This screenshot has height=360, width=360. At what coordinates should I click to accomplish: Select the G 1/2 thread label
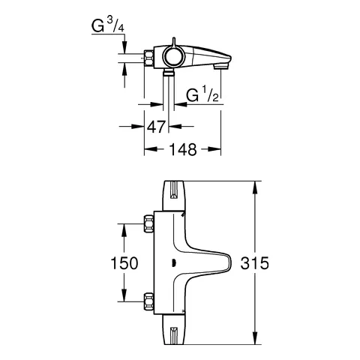[202, 95]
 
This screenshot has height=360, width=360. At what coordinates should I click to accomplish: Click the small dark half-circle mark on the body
[172, 262]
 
